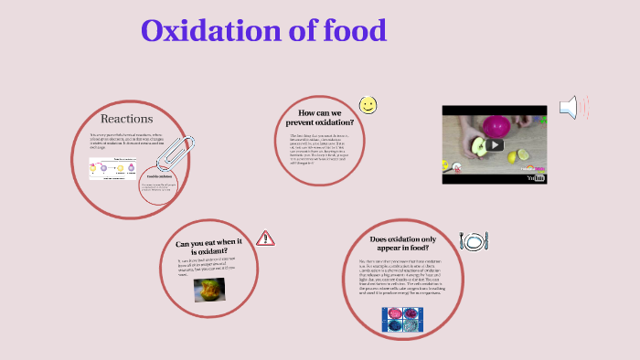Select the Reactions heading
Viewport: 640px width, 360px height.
pos(126,118)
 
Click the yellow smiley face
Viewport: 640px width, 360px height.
pos(368,105)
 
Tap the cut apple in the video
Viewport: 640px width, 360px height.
pos(478,147)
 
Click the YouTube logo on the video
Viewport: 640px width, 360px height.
pos(535,178)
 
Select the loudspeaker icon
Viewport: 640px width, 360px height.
pos(571,108)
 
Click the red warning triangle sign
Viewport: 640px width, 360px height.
pos(265,238)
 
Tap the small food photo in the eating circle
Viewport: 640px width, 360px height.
pos(209,288)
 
